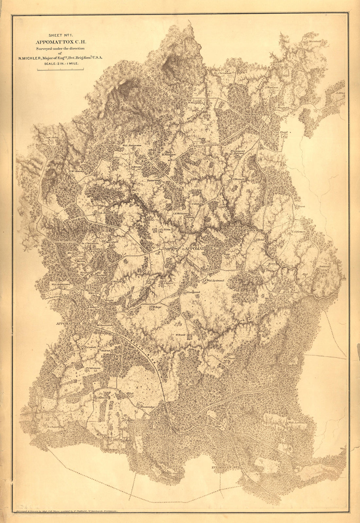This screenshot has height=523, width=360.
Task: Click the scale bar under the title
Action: pos(60,69)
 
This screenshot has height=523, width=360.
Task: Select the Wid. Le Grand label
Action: pos(215,280)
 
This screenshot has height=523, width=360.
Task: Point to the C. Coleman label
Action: pos(298,232)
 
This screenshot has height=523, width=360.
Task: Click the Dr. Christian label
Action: pos(223,73)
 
